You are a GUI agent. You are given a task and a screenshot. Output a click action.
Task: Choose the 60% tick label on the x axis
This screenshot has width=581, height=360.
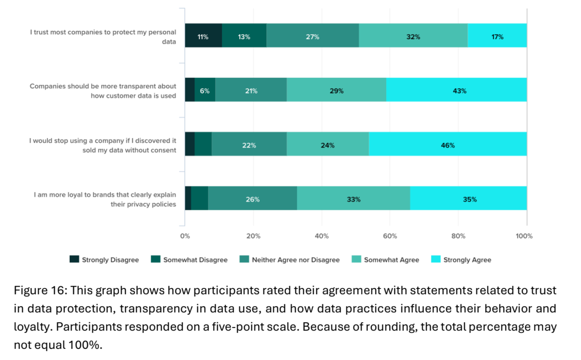point(390,236)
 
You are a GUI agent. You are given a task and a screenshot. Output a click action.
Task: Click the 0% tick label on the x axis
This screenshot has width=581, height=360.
point(185,236)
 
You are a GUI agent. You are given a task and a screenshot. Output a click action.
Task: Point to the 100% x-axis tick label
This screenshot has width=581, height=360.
point(524,236)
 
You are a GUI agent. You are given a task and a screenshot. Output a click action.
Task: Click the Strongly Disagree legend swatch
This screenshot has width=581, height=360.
point(74,259)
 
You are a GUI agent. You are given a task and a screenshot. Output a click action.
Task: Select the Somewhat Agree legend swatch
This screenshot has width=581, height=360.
point(356,259)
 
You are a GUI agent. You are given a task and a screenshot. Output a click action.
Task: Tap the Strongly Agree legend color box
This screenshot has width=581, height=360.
point(436,259)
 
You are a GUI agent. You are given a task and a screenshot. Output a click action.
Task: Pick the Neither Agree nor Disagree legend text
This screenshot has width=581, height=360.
point(296,260)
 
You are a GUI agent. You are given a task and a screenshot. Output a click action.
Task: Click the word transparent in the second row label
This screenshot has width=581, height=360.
point(124,86)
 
